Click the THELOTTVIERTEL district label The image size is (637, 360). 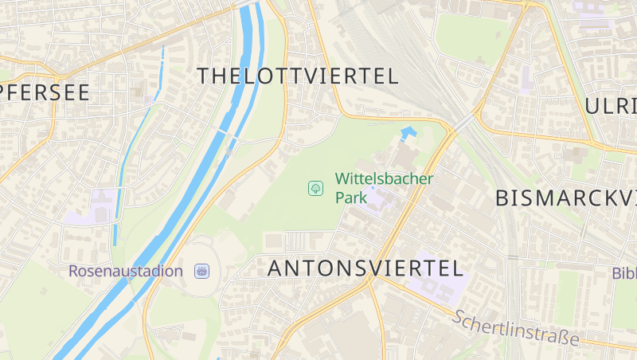pos(297,76)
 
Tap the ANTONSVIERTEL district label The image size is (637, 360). pos(365,268)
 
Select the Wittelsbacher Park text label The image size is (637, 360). pos(384,187)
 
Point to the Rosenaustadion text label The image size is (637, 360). pos(126,271)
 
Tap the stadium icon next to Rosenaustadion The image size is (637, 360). pos(202,271)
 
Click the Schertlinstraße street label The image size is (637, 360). pos(515,327)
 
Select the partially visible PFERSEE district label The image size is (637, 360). pos(45,92)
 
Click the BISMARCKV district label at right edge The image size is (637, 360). pos(565,198)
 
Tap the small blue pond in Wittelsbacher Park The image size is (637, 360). pos(408,131)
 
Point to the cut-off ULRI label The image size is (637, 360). pos(611,106)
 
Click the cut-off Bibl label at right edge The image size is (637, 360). pos(624,273)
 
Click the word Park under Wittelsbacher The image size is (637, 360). pos(351,198)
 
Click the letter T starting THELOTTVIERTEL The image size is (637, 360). pos(203,76)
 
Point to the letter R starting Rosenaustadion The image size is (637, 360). pos(74,271)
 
